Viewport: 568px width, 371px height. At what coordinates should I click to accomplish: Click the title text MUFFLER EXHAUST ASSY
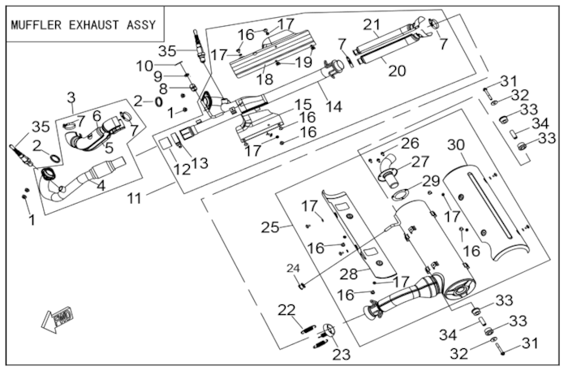[84, 24]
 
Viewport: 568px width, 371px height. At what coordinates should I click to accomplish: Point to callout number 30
[458, 145]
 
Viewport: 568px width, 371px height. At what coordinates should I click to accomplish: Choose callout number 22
[286, 308]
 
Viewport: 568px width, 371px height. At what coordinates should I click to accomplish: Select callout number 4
[101, 185]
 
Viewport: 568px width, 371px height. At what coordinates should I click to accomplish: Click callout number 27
[420, 162]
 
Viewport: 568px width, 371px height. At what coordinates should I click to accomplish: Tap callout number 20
[397, 71]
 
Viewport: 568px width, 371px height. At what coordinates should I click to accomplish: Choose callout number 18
[265, 80]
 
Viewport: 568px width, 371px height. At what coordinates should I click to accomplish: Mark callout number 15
[303, 105]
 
